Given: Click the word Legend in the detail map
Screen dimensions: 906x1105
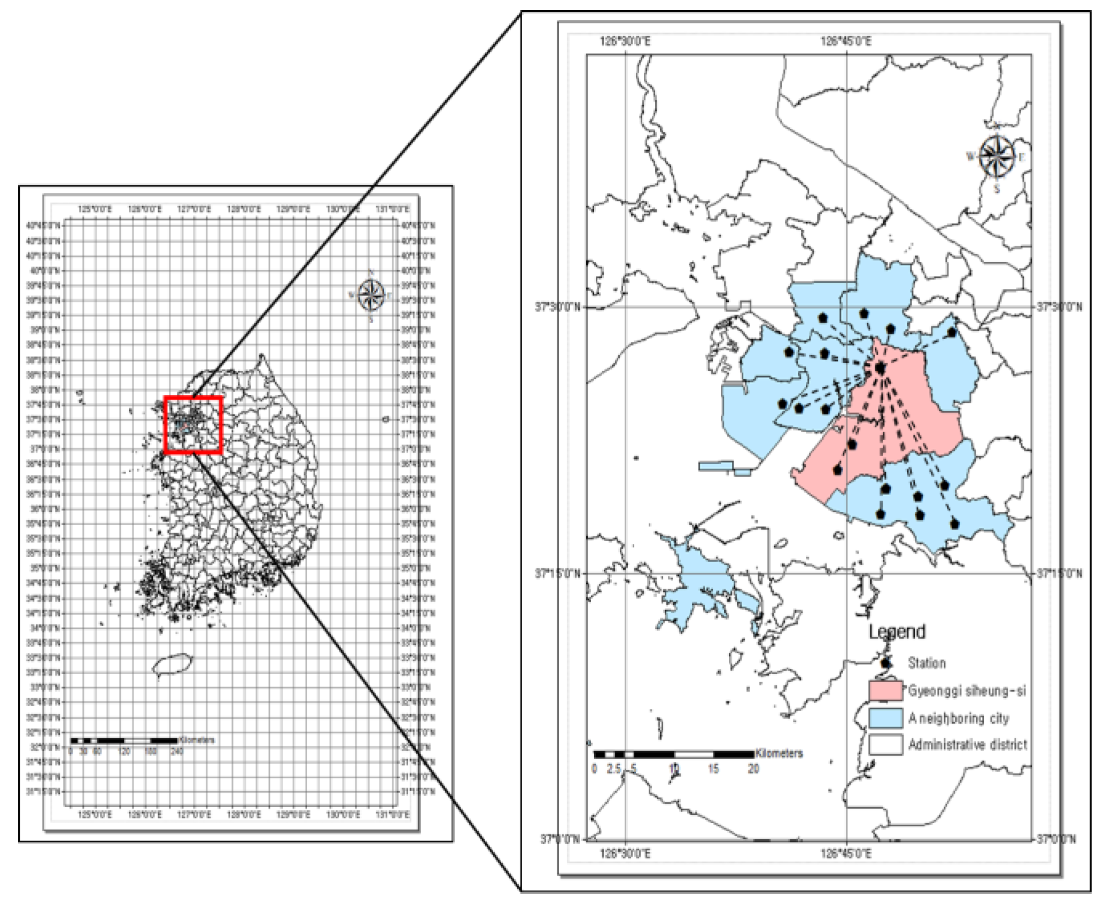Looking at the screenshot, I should [897, 631].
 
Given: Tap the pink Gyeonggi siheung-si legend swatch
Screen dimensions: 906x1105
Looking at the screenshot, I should [885, 690].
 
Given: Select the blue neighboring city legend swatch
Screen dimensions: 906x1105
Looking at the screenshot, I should [885, 717].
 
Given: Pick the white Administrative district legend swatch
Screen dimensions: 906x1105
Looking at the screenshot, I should [885, 744].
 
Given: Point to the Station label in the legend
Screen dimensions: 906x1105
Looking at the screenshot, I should [927, 663].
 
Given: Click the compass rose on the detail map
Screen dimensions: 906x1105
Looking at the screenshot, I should [997, 157].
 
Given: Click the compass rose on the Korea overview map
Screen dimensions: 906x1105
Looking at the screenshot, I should [371, 295].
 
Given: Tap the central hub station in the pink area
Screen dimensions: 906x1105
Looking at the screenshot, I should [880, 368].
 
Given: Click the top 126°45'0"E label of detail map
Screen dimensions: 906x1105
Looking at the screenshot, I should [846, 41].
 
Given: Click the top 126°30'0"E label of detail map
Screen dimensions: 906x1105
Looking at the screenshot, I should [625, 41].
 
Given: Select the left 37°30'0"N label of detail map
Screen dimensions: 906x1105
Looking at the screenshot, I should [557, 307].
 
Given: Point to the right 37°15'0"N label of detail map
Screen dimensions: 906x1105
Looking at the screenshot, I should [1060, 574].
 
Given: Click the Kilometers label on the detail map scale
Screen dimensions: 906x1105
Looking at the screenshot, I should [779, 753].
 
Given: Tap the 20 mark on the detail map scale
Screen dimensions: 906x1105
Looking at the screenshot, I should [753, 769].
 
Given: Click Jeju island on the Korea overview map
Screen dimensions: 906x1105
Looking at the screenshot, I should [172, 665].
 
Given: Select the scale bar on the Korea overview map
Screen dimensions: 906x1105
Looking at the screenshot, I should [124, 741].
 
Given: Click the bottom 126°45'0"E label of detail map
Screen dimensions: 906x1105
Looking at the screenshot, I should [846, 854].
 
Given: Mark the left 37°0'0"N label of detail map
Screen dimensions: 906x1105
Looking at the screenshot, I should [559, 839].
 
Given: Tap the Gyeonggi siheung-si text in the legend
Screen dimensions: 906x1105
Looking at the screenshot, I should [967, 691].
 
